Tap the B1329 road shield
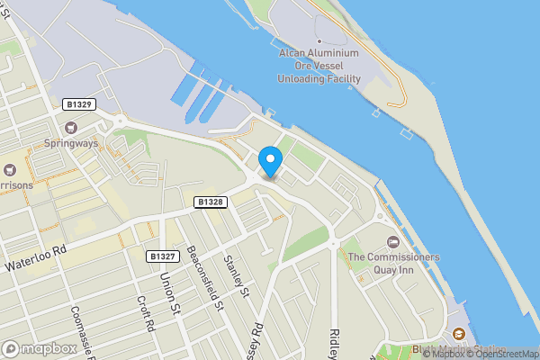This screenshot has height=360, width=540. pyautogui.click(x=79, y=105)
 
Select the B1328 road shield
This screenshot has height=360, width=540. pyautogui.click(x=210, y=202)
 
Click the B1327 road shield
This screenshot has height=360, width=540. pyautogui.click(x=162, y=256)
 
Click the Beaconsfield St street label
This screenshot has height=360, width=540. pyautogui.click(x=204, y=279)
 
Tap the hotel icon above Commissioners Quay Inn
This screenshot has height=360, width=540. pyautogui.click(x=392, y=242)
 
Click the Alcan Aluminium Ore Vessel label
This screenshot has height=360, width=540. pyautogui.click(x=319, y=66)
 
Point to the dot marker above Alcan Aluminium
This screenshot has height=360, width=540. pyautogui.click(x=319, y=41)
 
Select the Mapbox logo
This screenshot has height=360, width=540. pyautogui.click(x=40, y=348)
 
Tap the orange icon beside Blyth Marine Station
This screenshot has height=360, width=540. pyautogui.click(x=459, y=334)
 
